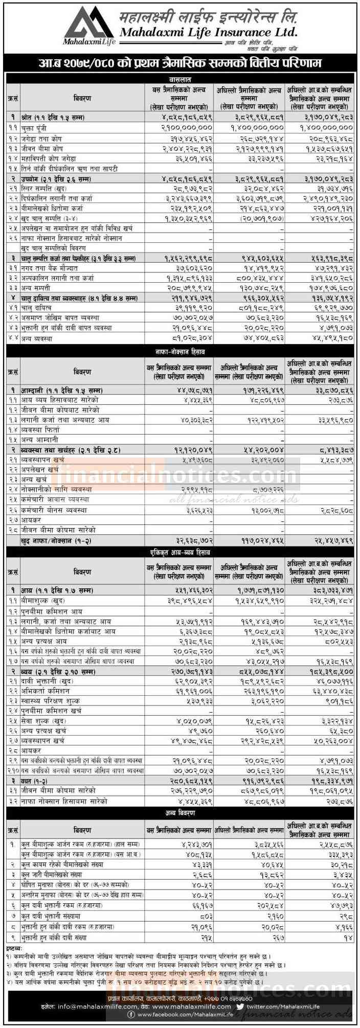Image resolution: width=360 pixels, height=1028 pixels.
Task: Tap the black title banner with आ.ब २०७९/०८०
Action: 180,64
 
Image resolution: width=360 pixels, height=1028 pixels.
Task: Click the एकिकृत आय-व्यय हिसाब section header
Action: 180,553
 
